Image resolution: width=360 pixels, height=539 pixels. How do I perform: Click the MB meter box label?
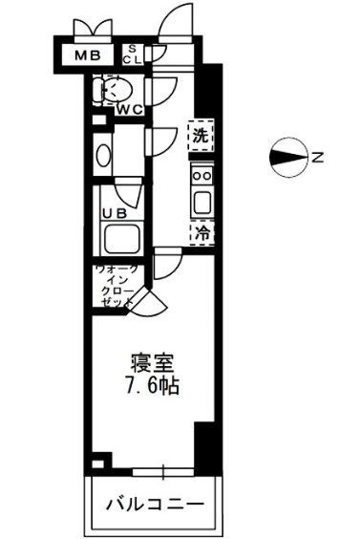coord(89,55)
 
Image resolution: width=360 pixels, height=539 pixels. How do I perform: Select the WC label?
coord(131,109)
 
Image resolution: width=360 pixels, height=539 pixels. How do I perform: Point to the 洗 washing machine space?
coord(200,136)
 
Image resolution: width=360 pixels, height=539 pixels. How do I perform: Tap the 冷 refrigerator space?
coord(201,232)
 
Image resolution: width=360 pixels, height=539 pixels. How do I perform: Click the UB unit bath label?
coord(116,213)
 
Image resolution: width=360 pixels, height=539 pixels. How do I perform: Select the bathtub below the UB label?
coord(121,238)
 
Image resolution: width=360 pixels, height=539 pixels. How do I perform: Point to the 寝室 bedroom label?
coord(152,363)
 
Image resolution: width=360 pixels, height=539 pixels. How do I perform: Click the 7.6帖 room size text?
coord(152,387)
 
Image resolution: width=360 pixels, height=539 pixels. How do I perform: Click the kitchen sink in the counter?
coord(201,203)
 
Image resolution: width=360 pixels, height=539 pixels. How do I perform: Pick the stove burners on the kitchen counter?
coord(201,175)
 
